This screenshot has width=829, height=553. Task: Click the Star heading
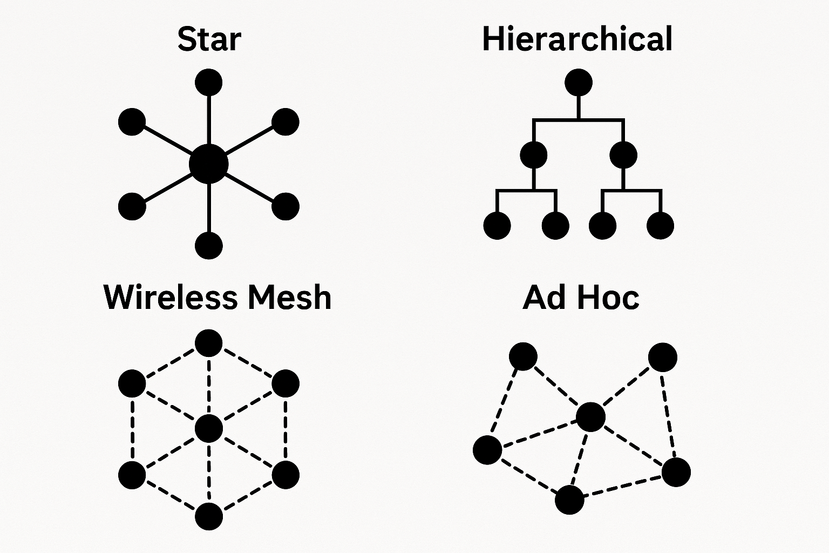coord(209,39)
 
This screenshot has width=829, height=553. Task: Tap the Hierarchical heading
coord(577,39)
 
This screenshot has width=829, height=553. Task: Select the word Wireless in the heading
coord(171,297)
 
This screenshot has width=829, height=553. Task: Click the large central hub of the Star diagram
coord(209,164)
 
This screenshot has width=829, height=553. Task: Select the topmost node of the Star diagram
coord(208,83)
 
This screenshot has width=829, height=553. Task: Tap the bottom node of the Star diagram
coord(208,245)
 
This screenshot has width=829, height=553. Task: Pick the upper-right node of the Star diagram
coord(285,122)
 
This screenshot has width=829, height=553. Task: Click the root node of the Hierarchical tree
coord(579,83)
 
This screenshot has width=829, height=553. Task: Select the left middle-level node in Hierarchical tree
coord(534,156)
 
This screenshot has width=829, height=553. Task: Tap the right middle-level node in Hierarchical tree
coord(623,156)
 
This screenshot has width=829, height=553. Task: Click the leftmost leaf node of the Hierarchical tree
coord(497,225)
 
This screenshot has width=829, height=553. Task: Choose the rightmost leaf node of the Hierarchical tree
coord(660,225)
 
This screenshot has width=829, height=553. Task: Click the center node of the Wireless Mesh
coord(208,429)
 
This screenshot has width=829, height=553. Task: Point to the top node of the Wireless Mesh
coord(208,343)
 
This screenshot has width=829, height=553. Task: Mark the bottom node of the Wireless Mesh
coord(208,516)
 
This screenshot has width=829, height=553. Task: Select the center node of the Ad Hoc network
coord(591,417)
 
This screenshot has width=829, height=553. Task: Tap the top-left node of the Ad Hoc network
coord(523,356)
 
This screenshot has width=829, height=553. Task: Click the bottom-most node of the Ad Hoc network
coord(569,500)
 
